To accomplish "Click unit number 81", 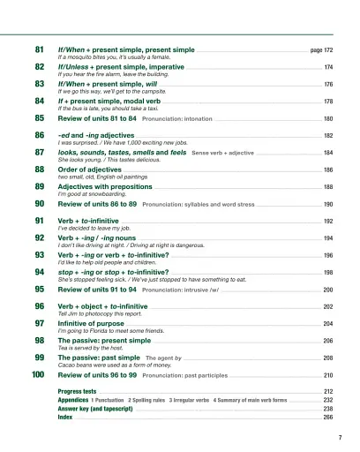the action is tap(40, 51).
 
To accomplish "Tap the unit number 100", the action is tap(38, 375).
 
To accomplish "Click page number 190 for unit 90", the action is tap(328, 203).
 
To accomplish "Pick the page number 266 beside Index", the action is tap(328, 418).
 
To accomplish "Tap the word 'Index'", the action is tap(65, 418).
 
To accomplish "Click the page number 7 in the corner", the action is tap(340, 437).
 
